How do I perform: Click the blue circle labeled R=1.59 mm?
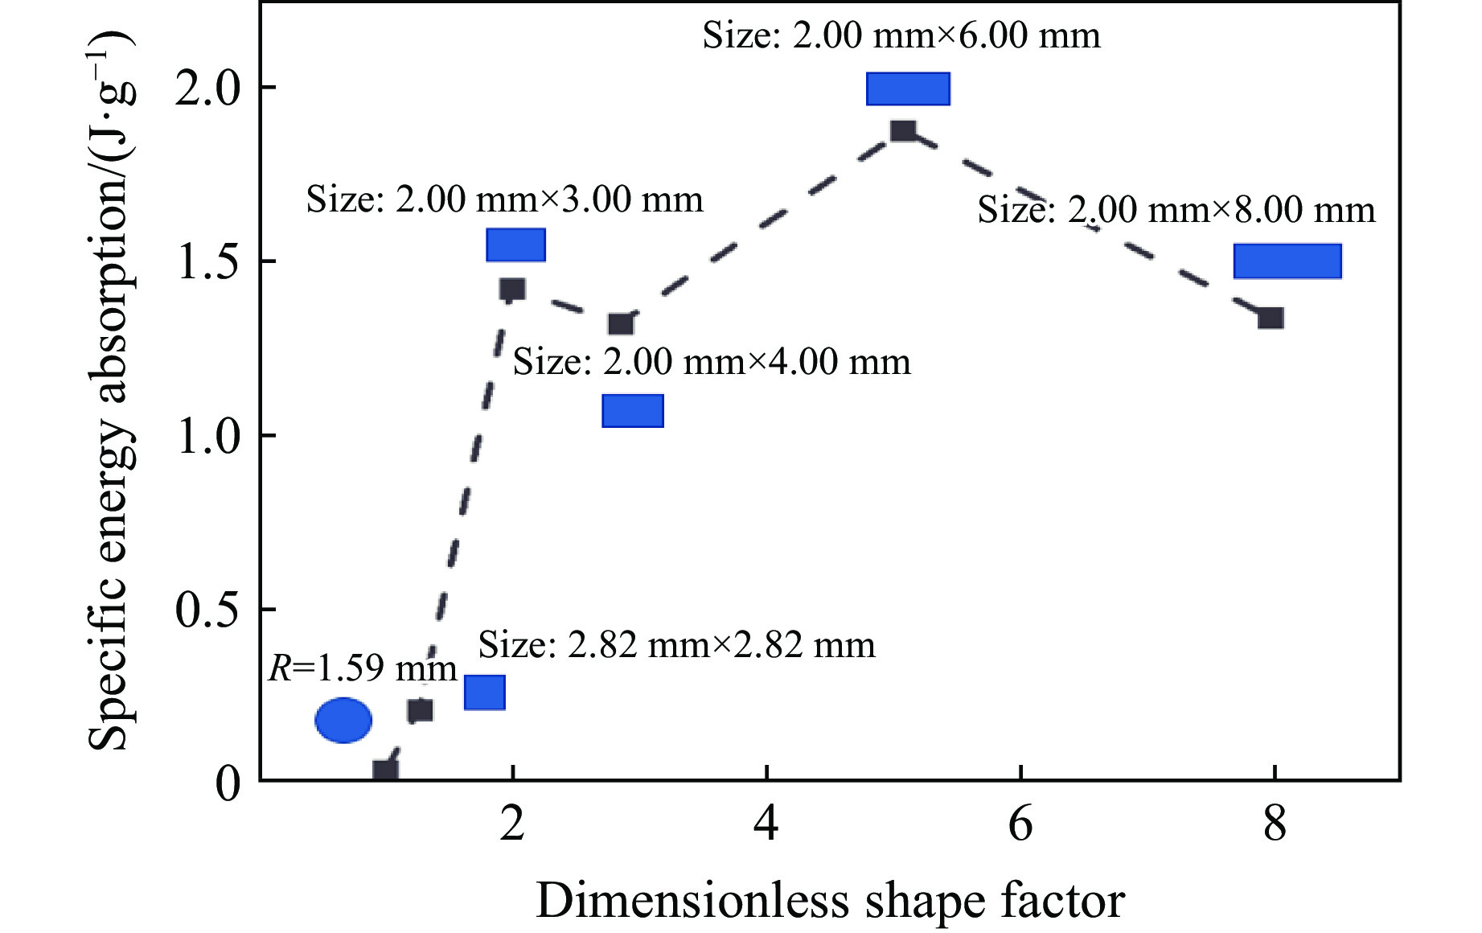tap(343, 720)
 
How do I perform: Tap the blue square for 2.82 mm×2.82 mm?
tap(485, 693)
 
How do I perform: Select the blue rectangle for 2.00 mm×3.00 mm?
tap(515, 245)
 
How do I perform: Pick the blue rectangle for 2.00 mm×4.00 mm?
tap(633, 410)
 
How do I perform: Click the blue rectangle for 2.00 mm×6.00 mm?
tap(908, 88)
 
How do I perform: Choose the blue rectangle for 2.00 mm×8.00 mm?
tap(1287, 261)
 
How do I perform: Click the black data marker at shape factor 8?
tap(1271, 318)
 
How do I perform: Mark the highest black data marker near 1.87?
tap(903, 130)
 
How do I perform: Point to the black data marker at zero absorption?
tap(386, 771)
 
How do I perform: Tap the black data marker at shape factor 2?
tap(512, 290)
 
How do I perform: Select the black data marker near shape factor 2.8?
tap(621, 324)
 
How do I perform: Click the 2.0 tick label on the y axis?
tap(208, 88)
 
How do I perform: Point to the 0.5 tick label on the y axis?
tap(208, 610)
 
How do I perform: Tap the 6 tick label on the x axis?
tap(1020, 824)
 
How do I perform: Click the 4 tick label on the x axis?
tap(766, 824)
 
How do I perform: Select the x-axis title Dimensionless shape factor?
tap(830, 901)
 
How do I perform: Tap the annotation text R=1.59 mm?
tap(363, 668)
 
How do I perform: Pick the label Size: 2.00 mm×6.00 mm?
tap(901, 36)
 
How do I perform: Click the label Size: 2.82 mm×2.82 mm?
tap(677, 645)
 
